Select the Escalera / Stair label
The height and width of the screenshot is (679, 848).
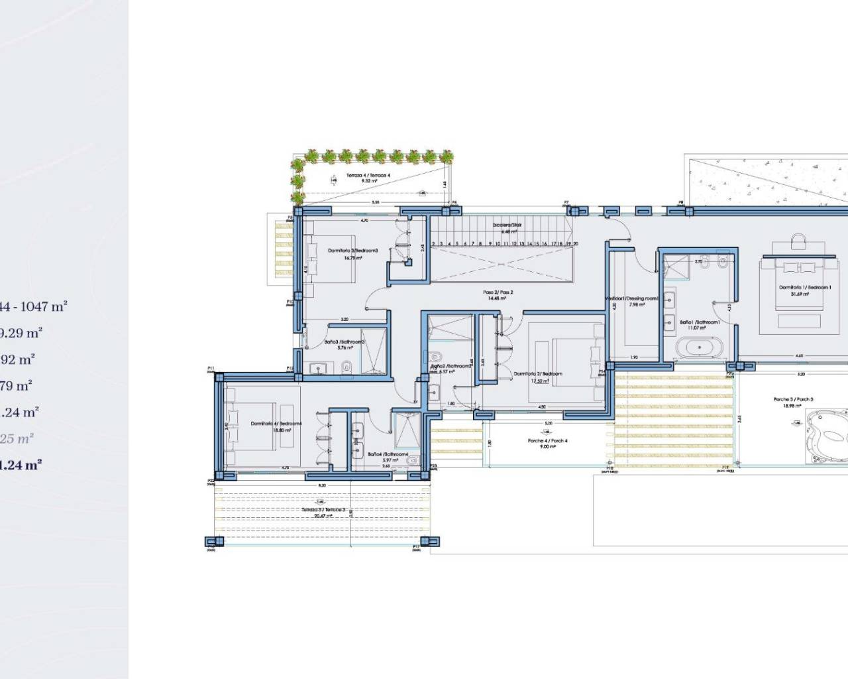tap(507, 225)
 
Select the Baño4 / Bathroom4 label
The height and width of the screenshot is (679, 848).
tap(383, 454)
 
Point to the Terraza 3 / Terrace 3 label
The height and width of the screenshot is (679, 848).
tap(323, 509)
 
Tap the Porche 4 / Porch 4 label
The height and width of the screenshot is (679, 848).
tap(547, 440)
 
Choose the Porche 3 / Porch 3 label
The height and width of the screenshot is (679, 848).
tap(793, 399)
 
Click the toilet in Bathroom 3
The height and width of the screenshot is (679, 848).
tap(346, 366)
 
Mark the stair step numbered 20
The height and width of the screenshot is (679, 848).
tap(576, 244)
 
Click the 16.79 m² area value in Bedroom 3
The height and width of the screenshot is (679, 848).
tap(353, 258)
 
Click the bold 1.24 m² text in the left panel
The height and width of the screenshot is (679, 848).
tap(20, 465)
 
